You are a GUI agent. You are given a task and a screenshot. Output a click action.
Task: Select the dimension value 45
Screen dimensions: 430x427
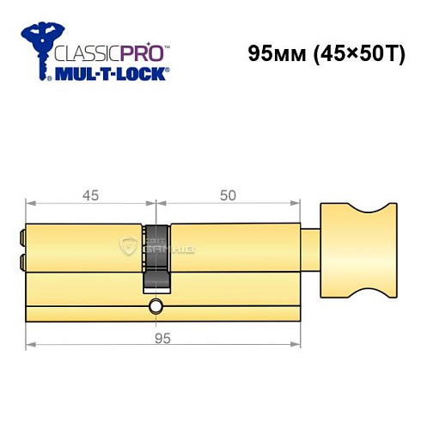coord(90,195)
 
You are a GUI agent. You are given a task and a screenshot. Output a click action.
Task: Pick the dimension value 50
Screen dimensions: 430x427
coord(228,195)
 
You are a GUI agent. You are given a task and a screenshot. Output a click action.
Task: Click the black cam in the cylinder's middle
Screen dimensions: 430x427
coord(156,256)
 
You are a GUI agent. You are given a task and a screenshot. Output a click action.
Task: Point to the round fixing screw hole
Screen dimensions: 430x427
coord(156,307)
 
